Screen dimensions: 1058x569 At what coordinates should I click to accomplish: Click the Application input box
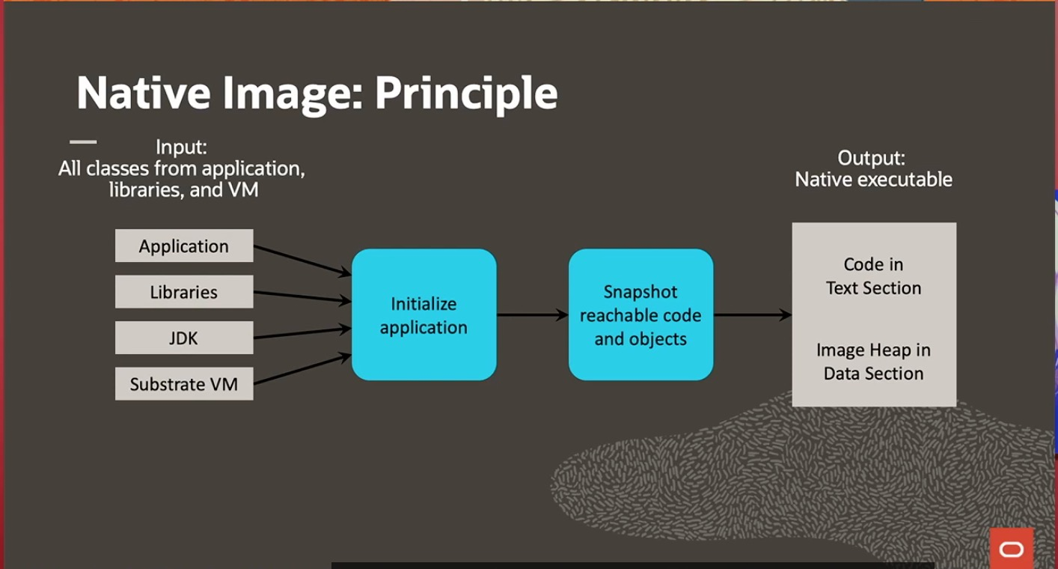[x=184, y=246]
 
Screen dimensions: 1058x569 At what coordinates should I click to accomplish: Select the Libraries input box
[x=184, y=292]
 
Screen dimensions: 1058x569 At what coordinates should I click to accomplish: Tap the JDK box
[x=184, y=338]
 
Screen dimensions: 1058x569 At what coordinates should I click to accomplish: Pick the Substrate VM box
[x=184, y=384]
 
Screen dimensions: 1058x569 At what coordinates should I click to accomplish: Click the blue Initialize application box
[x=423, y=315]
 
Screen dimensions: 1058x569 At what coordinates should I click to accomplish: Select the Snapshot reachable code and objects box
[x=640, y=315]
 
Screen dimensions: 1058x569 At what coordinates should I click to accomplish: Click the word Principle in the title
[x=466, y=93]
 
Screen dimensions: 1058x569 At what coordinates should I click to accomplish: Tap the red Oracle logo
[x=1011, y=550]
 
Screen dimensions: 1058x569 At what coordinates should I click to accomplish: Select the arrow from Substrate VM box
[x=302, y=370]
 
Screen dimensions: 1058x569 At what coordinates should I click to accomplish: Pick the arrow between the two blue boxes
[x=532, y=315]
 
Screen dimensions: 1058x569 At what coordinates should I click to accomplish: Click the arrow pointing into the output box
[x=752, y=315]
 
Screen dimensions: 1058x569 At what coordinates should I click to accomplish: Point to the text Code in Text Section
[x=873, y=276]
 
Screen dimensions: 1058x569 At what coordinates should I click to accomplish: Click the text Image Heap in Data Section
[x=873, y=362]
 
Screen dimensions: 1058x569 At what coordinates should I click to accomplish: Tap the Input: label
[x=181, y=147]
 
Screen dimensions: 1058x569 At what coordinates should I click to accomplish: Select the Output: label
[x=871, y=158]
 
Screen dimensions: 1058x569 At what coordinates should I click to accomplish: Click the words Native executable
[x=873, y=180]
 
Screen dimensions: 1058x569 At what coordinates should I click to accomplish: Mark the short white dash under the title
[x=83, y=142]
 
